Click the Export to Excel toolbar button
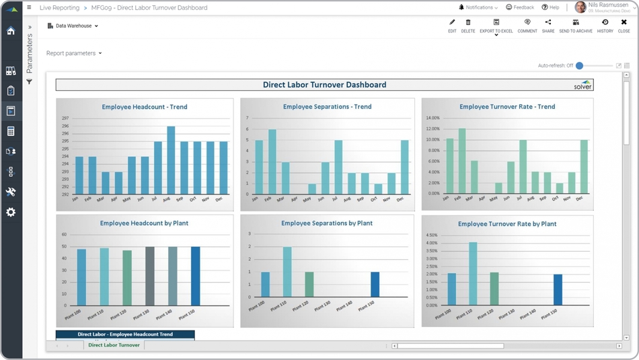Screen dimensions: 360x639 (496, 26)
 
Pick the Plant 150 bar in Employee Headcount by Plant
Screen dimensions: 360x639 (195, 277)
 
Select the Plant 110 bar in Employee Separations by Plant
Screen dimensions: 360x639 (287, 273)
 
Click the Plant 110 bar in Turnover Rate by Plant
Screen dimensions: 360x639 (473, 275)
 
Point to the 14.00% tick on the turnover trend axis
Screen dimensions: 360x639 (433, 118)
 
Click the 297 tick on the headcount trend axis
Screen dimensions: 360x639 (65, 118)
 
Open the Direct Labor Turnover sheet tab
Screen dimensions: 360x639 (114, 345)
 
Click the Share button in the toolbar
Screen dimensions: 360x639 (548, 26)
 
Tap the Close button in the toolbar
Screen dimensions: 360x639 (624, 26)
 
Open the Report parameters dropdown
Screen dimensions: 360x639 (74, 53)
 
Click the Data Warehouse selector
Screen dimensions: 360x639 (73, 26)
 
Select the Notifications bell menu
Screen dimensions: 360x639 (478, 7)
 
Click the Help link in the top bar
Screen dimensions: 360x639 (550, 7)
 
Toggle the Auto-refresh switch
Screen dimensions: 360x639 (580, 66)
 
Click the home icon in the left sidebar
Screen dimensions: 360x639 (11, 30)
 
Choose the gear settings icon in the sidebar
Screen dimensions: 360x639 (11, 212)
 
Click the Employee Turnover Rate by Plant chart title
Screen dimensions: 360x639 (507, 224)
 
